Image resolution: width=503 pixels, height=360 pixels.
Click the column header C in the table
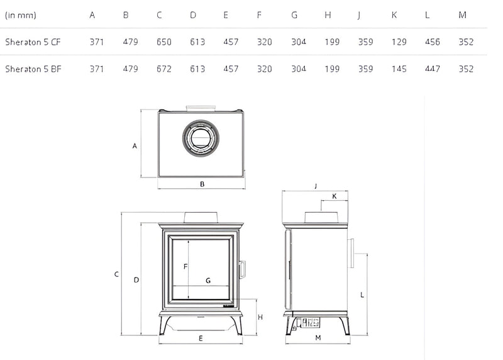pos(159,15)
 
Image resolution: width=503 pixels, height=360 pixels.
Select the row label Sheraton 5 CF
pos(33,42)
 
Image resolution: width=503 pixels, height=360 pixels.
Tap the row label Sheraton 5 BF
pos(33,69)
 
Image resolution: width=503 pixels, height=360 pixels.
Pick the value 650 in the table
pos(164,42)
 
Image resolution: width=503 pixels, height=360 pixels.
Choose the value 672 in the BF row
pos(164,69)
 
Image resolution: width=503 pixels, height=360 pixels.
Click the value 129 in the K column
pos(399,42)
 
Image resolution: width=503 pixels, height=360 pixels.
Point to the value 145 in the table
pos(399,69)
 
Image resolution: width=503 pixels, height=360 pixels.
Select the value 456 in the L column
pos(433,42)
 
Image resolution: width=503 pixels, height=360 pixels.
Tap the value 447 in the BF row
pos(433,69)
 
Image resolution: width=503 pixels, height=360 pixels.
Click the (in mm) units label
pos(21,15)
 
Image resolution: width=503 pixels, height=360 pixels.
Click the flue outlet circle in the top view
pos(201,138)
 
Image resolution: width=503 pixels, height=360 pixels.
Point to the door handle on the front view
pos(242,269)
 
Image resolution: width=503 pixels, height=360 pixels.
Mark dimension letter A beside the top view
pos(135,146)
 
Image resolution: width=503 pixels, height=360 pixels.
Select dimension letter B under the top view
pos(202,184)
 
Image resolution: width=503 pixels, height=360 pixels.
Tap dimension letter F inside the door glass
pos(185,267)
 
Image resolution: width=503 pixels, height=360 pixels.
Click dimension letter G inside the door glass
pos(208,281)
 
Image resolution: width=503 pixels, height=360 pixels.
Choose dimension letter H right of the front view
pos(260,317)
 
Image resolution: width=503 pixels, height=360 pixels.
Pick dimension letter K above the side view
pos(334,196)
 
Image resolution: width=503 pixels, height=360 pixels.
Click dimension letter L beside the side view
pos(362,295)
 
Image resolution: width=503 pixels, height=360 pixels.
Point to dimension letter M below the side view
pos(318,338)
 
